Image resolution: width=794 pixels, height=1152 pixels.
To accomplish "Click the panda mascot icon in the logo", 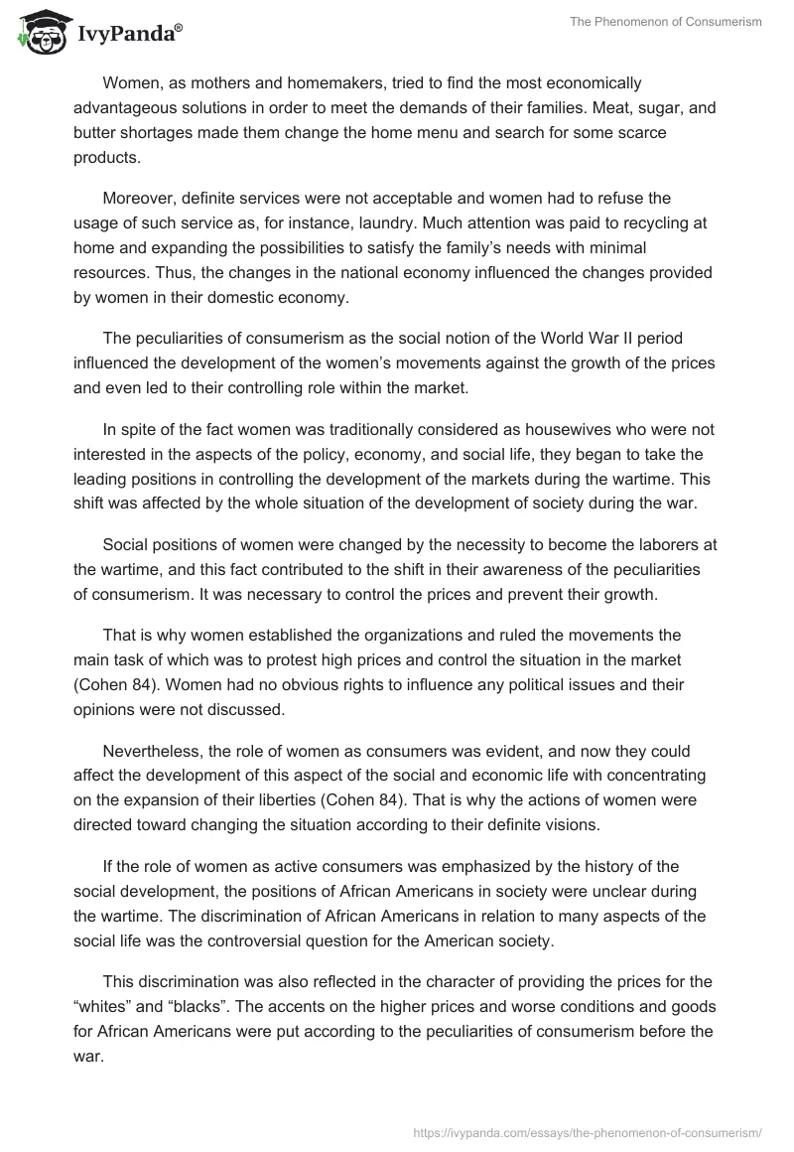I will [x=40, y=33].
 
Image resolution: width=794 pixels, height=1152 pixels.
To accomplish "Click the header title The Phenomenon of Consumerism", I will [x=666, y=22].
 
